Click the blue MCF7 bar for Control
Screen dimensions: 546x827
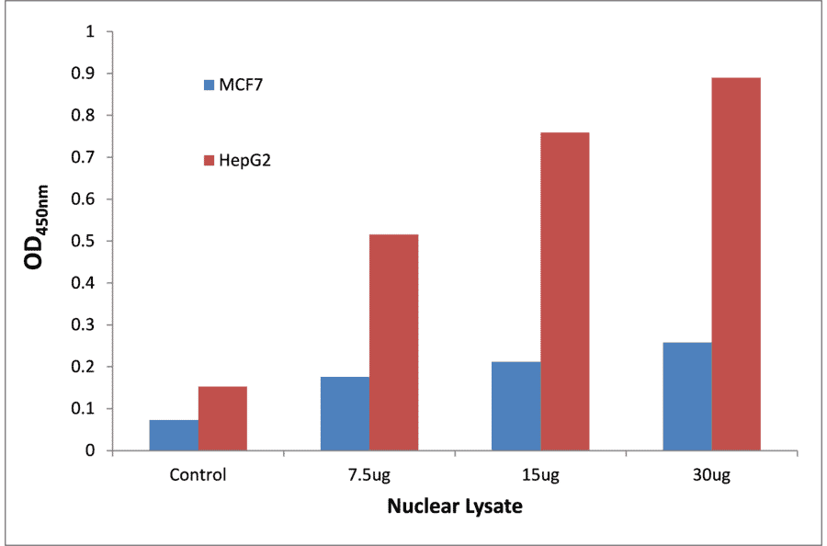click(x=174, y=435)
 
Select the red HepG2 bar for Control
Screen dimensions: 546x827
click(x=222, y=418)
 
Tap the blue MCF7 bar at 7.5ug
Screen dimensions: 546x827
click(x=345, y=414)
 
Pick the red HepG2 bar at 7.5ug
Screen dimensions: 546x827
click(x=393, y=342)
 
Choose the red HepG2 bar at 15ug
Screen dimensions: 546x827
click(x=565, y=291)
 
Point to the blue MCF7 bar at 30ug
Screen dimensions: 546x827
click(x=687, y=396)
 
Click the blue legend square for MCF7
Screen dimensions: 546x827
click(x=209, y=85)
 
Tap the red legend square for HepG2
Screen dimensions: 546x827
click(x=209, y=161)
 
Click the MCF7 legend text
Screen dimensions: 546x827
click(x=243, y=85)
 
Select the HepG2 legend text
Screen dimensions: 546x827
click(x=244, y=161)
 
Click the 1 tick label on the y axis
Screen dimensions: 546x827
click(x=90, y=32)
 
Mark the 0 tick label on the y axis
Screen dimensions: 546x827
click(x=90, y=450)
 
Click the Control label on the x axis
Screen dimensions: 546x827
click(x=198, y=476)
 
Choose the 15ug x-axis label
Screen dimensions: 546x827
click(x=540, y=476)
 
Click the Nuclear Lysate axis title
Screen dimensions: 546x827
click(x=454, y=506)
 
